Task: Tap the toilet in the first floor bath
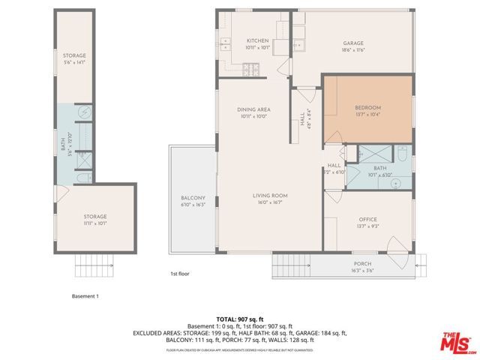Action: [x=402, y=158]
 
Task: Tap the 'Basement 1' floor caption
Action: [x=85, y=296]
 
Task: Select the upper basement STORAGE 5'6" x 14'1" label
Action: [x=74, y=58]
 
